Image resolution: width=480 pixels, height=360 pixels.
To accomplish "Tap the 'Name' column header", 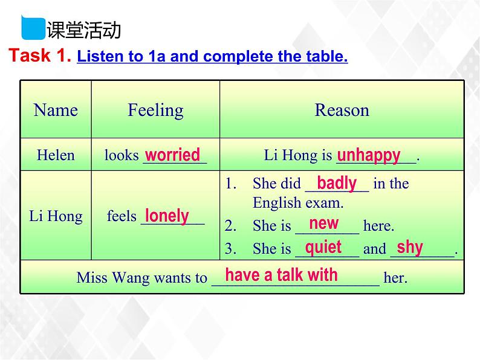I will click(x=56, y=110).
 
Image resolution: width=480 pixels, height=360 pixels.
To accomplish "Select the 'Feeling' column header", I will click(x=155, y=110).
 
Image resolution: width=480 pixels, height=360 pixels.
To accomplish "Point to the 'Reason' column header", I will click(x=342, y=110).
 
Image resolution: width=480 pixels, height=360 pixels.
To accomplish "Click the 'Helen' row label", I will click(x=56, y=155).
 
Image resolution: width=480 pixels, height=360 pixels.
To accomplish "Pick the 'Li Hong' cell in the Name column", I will click(x=56, y=216).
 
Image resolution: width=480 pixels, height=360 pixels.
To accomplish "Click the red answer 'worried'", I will click(x=173, y=155).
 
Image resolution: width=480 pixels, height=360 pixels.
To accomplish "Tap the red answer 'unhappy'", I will click(x=369, y=155).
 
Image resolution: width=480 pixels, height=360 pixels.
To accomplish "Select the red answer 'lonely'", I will click(x=167, y=216).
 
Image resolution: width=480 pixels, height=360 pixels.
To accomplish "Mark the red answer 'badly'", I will click(x=337, y=183).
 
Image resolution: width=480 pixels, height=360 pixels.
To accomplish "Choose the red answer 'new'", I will click(x=324, y=223).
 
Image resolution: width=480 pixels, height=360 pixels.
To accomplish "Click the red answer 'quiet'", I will click(x=323, y=247).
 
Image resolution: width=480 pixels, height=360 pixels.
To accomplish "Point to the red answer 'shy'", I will click(x=410, y=247).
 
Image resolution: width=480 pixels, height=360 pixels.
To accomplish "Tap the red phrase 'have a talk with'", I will click(x=282, y=275).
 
